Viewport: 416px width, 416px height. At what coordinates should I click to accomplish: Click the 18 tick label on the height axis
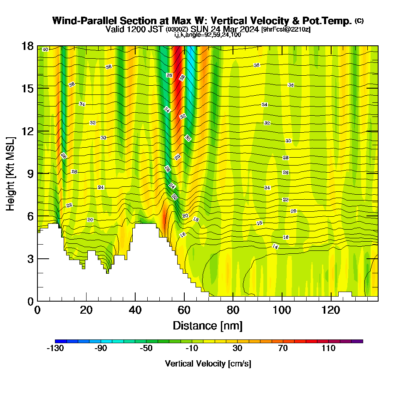click(27, 46)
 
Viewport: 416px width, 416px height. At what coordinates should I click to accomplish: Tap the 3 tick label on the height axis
click(30, 259)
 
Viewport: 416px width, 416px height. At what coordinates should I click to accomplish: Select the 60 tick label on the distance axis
click(184, 310)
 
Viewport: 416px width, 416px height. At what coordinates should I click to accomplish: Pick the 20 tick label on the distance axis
click(86, 310)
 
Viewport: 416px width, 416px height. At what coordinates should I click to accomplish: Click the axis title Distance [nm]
click(208, 325)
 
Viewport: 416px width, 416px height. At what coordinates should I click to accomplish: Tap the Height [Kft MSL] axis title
click(11, 173)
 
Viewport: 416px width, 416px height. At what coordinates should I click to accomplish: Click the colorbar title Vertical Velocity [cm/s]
click(208, 364)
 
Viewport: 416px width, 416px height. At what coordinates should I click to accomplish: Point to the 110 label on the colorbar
click(328, 349)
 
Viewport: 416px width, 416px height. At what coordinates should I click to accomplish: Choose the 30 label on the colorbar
click(237, 349)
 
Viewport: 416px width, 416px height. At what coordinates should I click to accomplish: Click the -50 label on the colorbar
click(146, 349)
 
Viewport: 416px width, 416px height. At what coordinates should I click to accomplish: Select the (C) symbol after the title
click(359, 20)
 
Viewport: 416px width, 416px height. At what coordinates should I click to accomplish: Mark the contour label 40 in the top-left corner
click(45, 50)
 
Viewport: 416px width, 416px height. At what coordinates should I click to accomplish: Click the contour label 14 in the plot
click(275, 246)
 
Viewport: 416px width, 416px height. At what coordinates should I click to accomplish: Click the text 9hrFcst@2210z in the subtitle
click(286, 30)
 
